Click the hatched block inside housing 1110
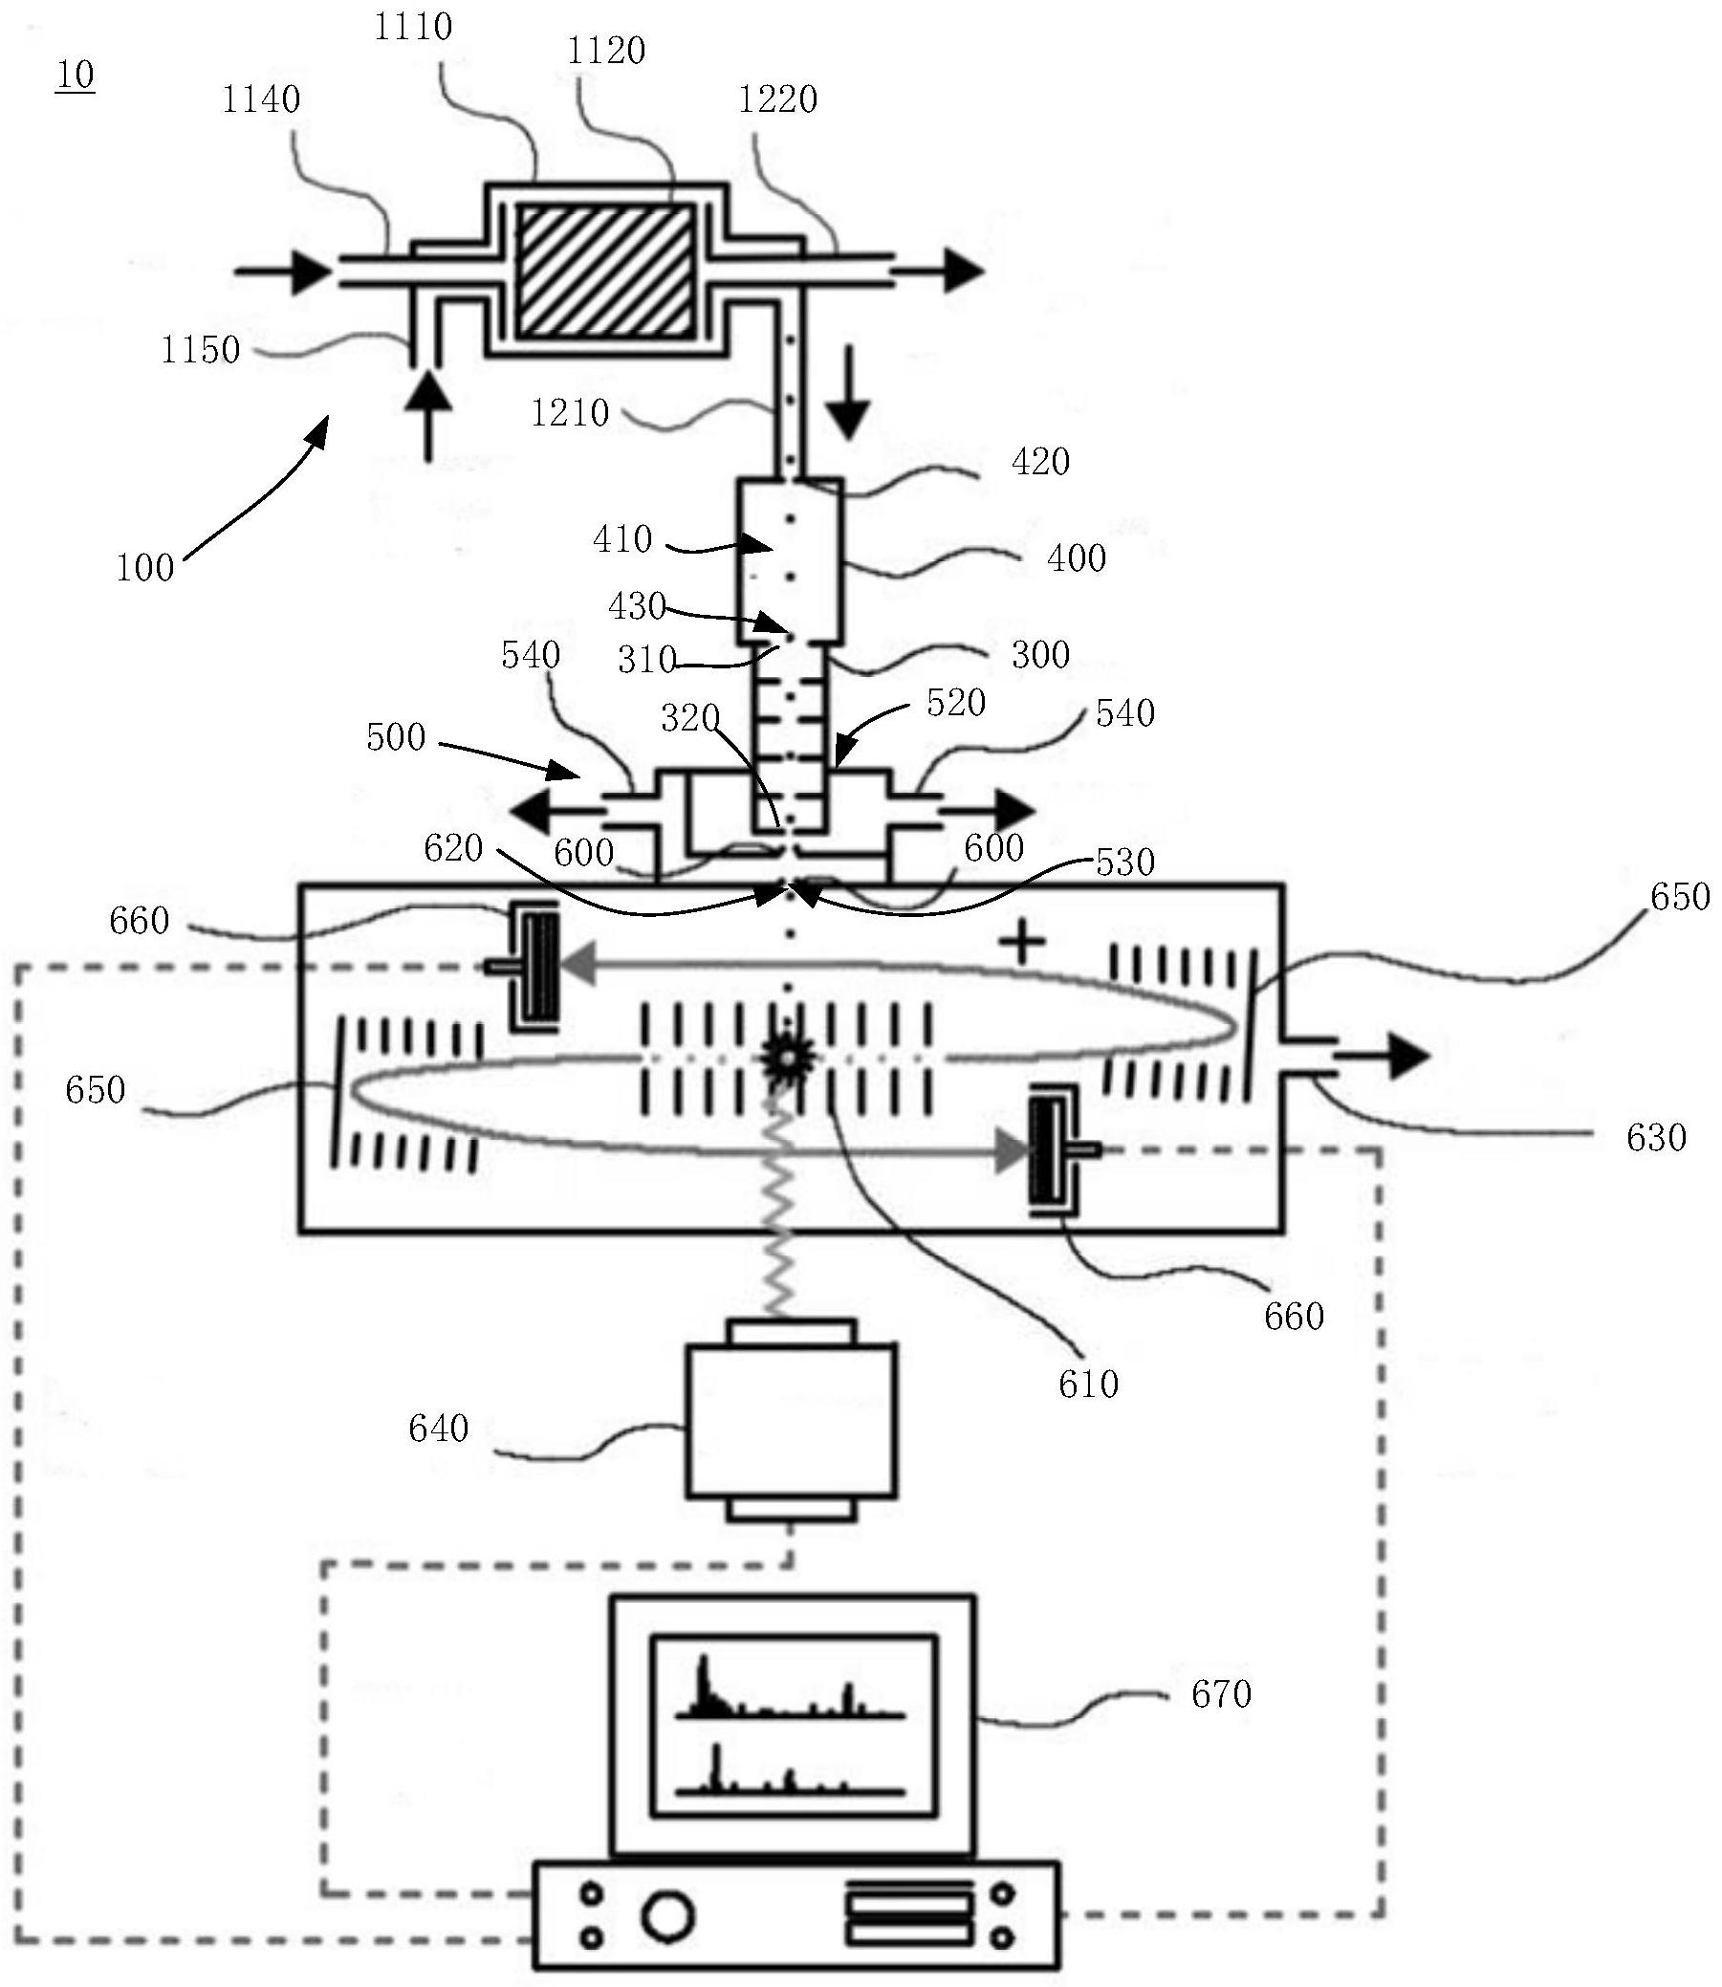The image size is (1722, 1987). click(x=606, y=271)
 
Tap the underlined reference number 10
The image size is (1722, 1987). click(x=75, y=75)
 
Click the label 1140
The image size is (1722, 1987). click(x=260, y=98)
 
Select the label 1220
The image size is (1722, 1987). click(x=777, y=98)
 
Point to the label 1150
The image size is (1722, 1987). click(x=200, y=351)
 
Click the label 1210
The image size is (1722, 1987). click(x=570, y=413)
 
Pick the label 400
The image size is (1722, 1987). click(x=1077, y=558)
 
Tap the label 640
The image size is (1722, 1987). click(x=438, y=1429)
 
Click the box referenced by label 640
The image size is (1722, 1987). click(x=791, y=1421)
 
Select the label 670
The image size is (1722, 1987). click(x=1221, y=1694)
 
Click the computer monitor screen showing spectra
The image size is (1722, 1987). click(x=793, y=1727)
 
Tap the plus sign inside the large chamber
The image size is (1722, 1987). click(x=1021, y=942)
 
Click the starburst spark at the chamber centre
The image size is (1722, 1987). click(x=788, y=1057)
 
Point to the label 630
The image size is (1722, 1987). click(x=1657, y=1138)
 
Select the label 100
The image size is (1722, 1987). click(x=145, y=568)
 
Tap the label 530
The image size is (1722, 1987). click(x=1125, y=862)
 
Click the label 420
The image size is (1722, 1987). click(x=1040, y=462)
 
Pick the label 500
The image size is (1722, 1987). click(x=396, y=738)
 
